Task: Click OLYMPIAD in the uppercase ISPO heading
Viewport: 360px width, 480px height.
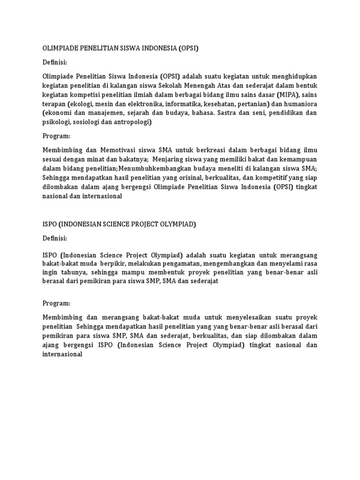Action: tap(177, 224)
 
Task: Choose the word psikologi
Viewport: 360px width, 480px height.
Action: tap(56, 122)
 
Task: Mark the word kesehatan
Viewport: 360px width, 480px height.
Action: tap(230, 104)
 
